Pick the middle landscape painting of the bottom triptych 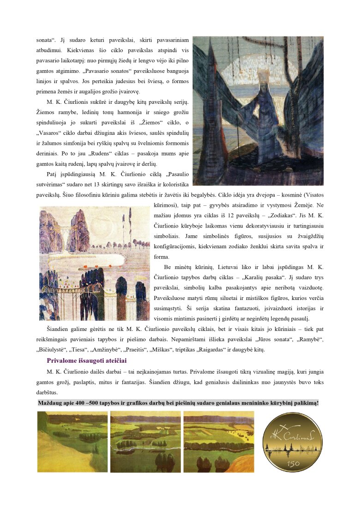click(145, 441)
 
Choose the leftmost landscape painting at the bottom click(72, 441)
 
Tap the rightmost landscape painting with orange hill click(219, 441)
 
